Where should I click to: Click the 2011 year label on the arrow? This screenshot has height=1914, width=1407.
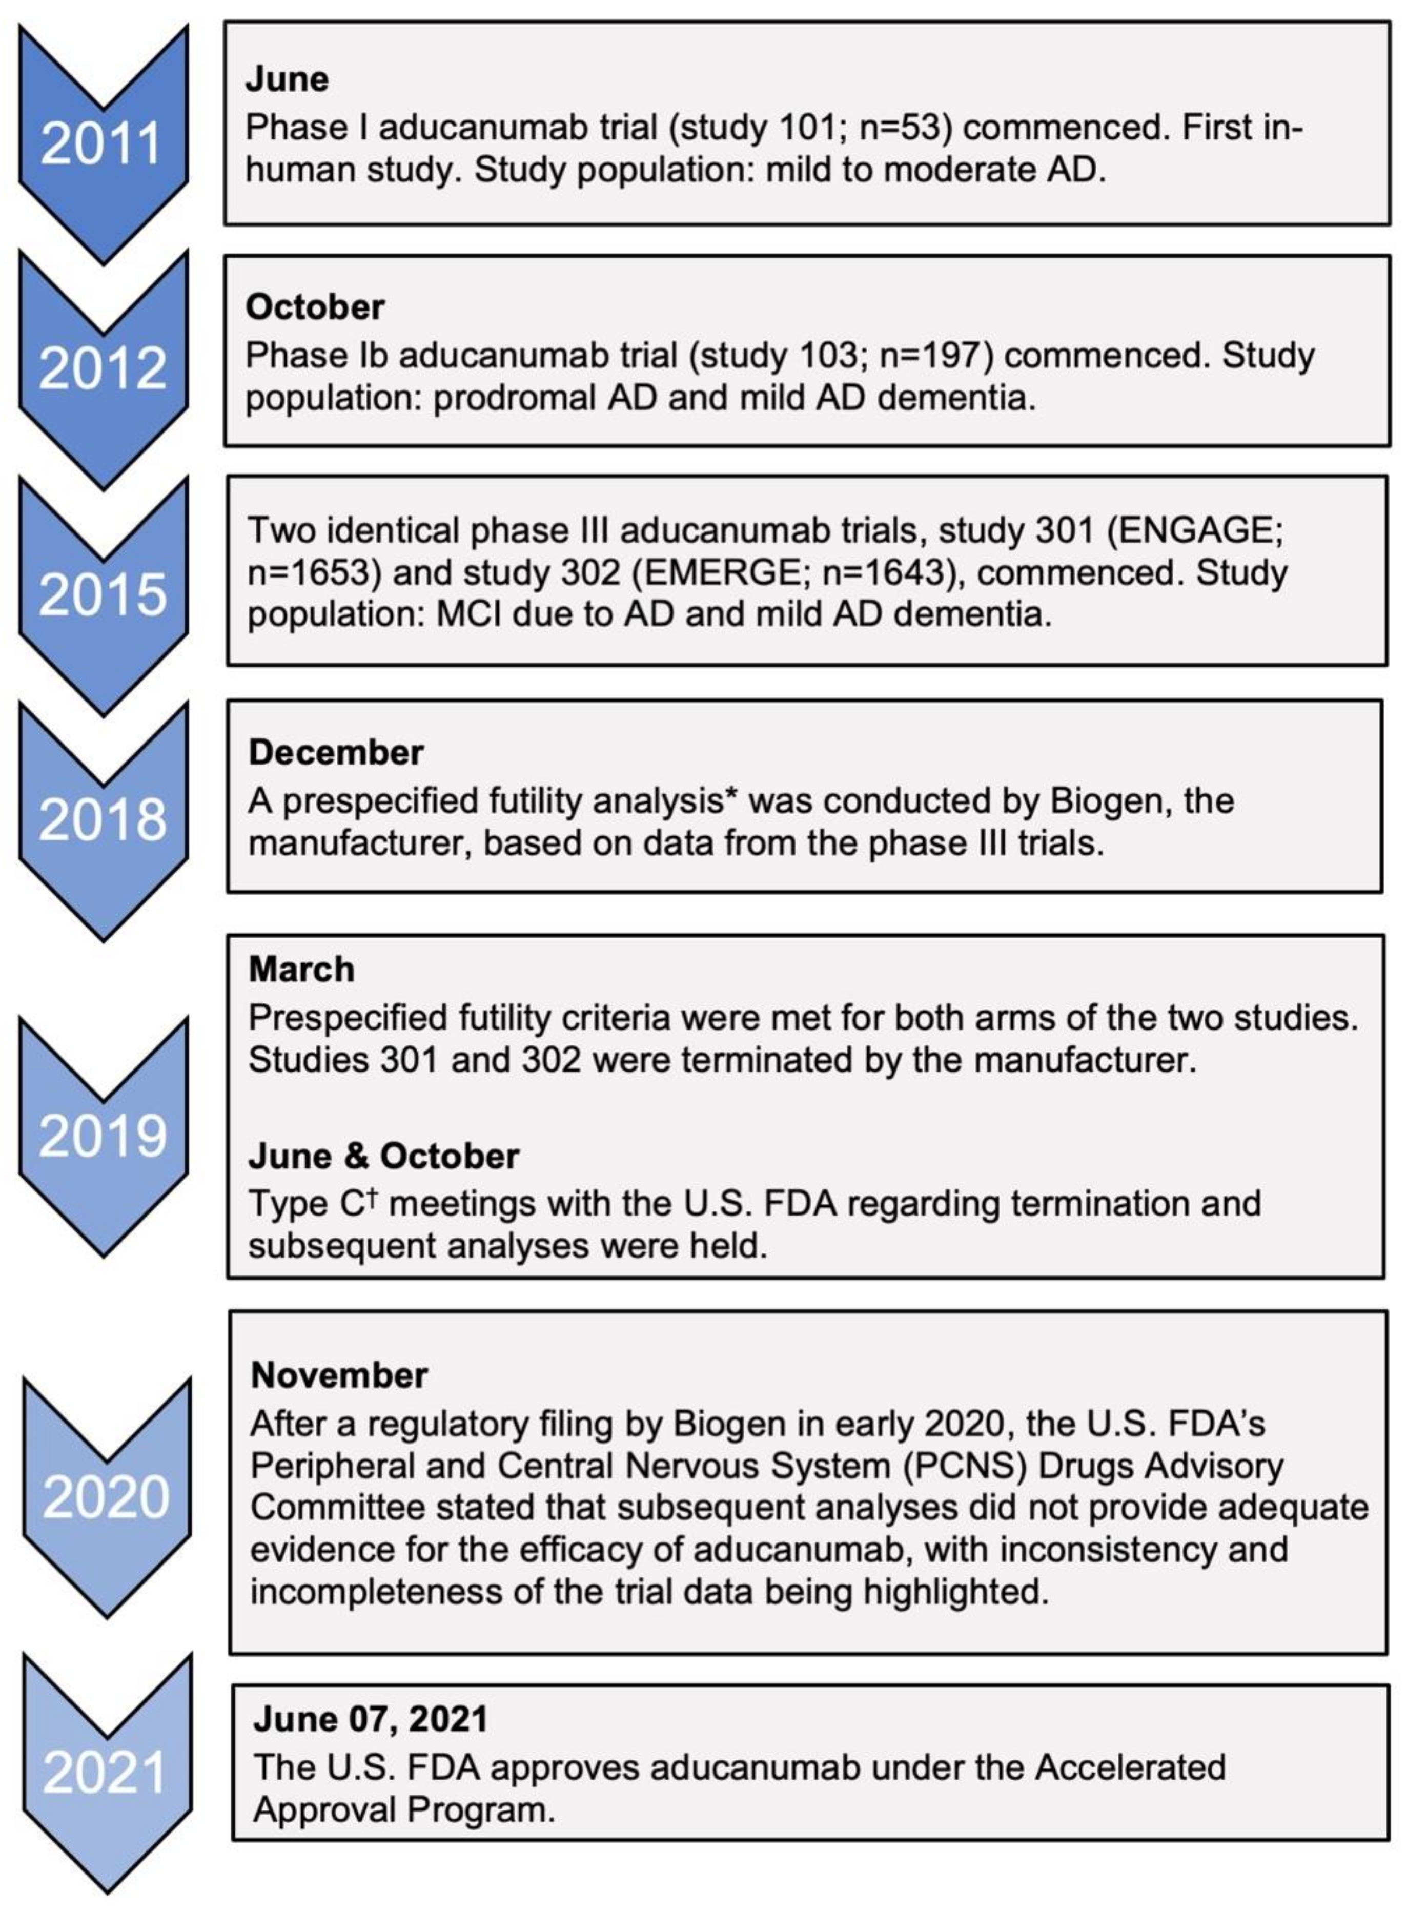tap(101, 143)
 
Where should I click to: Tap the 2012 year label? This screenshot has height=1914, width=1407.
tap(102, 368)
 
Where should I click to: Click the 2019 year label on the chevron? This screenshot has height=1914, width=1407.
tap(102, 1135)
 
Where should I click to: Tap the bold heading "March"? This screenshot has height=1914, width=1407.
tap(301, 970)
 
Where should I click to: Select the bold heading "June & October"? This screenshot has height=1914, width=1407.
tap(383, 1156)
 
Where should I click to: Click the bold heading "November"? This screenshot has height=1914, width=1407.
tap(339, 1375)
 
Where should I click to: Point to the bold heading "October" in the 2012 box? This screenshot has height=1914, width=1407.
tap(315, 307)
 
